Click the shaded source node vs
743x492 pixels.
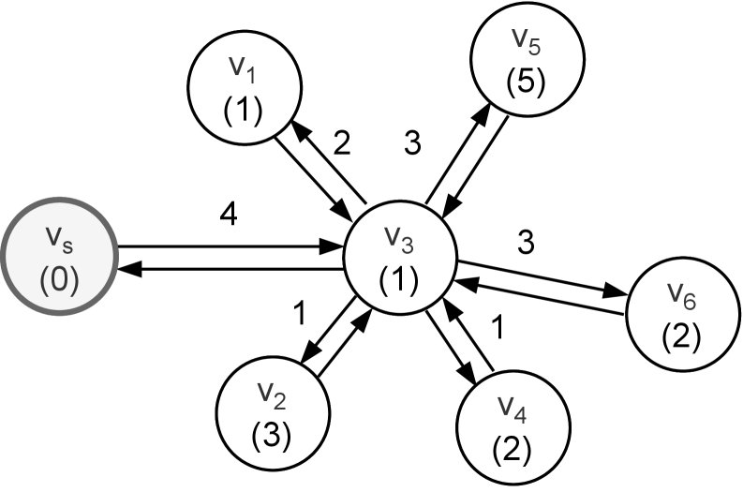coord(60,257)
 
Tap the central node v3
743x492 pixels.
coord(400,258)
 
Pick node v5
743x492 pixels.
coord(527,59)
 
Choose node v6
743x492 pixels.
coord(683,314)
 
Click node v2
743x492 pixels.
coord(273,413)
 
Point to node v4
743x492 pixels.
coord(513,427)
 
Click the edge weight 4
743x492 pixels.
coord(229,216)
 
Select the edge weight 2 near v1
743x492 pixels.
coord(342,143)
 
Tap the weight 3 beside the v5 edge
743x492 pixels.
coord(412,142)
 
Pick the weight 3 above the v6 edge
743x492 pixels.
coord(526,242)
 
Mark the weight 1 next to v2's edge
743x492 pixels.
coord(300,313)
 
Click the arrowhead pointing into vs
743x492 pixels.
coord(129,269)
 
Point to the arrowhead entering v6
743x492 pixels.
coord(616,291)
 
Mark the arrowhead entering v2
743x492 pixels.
coord(310,353)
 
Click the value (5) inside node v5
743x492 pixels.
coord(526,81)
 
